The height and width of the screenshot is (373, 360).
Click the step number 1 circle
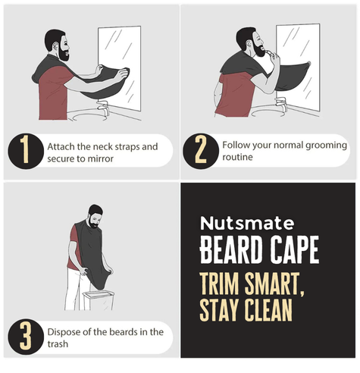(26, 152)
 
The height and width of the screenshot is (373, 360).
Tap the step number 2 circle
(201, 152)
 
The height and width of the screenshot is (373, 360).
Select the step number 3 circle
(26, 337)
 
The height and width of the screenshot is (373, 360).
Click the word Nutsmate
(247, 223)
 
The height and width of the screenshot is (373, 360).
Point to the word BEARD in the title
(231, 250)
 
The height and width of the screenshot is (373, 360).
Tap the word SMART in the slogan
(274, 284)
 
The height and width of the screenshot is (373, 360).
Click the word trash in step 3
(58, 344)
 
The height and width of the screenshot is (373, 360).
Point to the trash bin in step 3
(98, 300)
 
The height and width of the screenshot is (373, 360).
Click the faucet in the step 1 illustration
(104, 107)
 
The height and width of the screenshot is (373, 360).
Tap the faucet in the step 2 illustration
(282, 105)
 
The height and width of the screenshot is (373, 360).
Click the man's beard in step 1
(64, 54)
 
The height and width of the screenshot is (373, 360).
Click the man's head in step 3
(95, 216)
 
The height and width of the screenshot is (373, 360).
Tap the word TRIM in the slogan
(219, 284)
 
